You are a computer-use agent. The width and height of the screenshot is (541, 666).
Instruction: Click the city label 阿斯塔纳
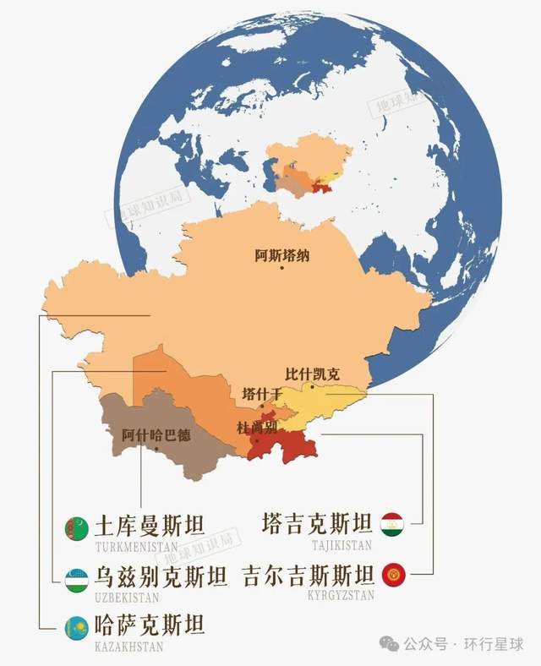pos(282,253)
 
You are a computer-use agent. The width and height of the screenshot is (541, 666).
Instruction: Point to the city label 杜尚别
pos(257,427)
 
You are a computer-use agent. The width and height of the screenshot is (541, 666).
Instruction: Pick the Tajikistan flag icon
pos(392,525)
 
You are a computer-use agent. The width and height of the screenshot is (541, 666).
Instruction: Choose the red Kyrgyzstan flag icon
pos(392,576)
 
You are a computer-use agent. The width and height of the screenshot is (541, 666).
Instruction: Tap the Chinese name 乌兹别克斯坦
pos(161,578)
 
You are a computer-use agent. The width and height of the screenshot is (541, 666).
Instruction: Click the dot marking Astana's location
pos(282,267)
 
